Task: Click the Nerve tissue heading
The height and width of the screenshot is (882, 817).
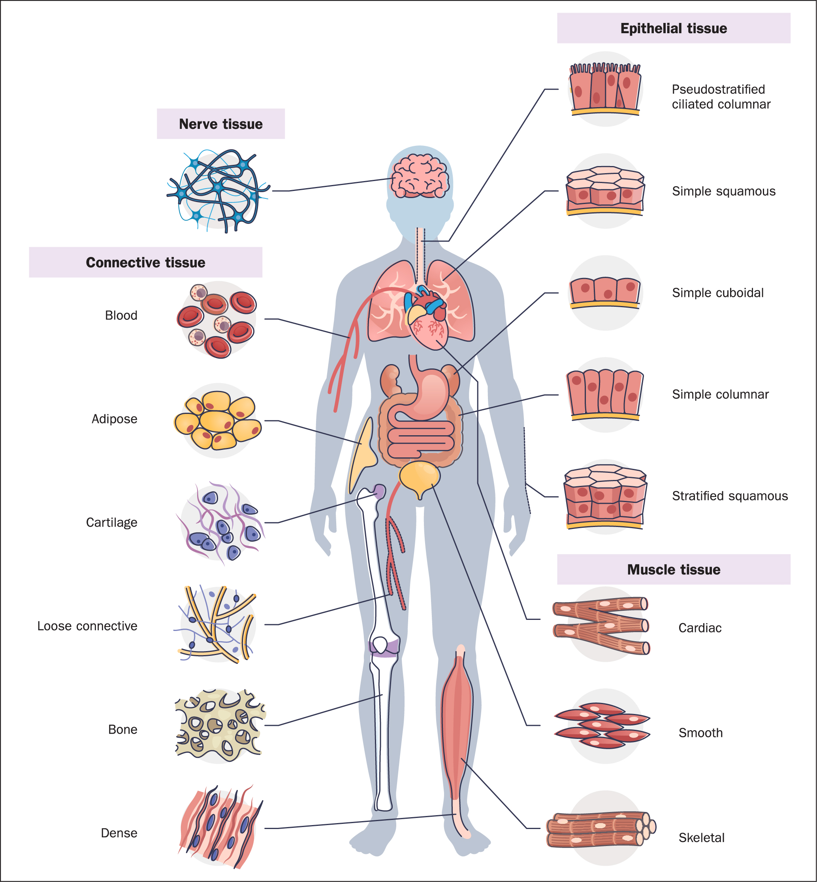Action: click(x=220, y=124)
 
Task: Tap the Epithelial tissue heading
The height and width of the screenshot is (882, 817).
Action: click(x=673, y=28)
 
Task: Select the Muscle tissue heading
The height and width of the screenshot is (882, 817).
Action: click(x=673, y=569)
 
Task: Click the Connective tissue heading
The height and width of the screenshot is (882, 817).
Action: click(x=145, y=262)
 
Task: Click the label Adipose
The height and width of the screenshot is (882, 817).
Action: click(x=114, y=419)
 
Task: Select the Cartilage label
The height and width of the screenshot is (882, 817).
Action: click(x=111, y=522)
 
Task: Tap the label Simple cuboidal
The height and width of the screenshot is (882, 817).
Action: click(x=717, y=293)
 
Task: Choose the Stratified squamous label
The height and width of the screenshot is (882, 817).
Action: click(x=729, y=496)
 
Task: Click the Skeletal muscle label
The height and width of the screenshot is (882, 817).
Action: click(x=701, y=837)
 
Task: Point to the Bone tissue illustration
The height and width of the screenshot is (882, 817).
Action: click(x=220, y=725)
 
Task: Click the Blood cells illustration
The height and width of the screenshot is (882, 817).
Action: click(x=217, y=320)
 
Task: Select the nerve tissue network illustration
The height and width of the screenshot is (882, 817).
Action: click(x=218, y=190)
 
